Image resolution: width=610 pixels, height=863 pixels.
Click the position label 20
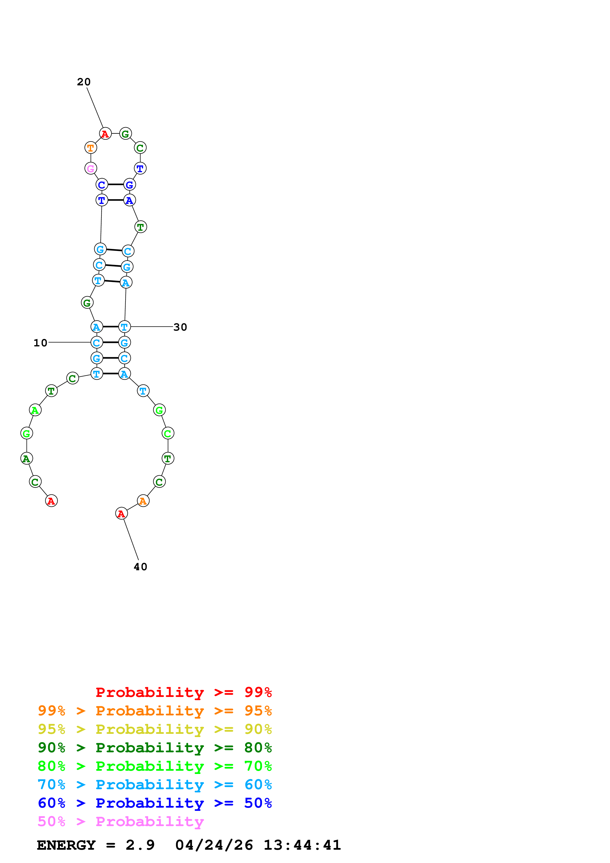84,82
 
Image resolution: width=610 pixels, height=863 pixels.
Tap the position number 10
41,343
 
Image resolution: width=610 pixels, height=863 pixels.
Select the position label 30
180,327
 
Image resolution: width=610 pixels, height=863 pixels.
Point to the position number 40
141,567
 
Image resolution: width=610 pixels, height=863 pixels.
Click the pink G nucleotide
91,168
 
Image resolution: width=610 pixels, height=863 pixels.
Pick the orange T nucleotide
91,148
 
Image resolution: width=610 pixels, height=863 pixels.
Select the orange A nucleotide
143,501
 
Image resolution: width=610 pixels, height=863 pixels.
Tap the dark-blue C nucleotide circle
101,185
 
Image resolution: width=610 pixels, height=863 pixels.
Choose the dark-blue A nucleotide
129,200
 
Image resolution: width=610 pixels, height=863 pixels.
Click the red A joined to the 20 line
105,133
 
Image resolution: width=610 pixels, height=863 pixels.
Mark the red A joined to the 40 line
121,513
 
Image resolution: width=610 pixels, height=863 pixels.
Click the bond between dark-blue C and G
115,185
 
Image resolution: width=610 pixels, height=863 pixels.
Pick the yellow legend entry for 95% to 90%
155,729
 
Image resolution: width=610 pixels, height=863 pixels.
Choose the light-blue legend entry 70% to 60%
155,785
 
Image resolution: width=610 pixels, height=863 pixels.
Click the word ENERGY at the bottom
66,845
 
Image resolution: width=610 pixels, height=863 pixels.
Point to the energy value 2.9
140,845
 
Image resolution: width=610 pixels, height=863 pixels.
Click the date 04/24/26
214,845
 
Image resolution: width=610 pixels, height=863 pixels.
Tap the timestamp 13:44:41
302,845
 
